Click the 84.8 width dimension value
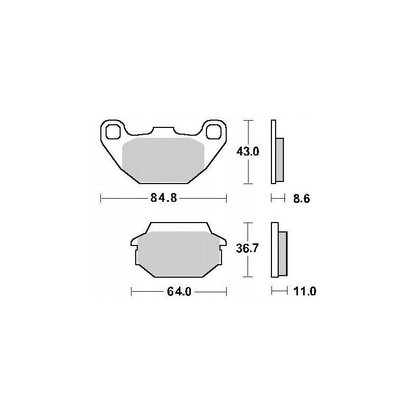163,198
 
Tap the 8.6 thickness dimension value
302,199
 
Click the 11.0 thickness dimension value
305,292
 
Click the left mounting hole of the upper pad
112,132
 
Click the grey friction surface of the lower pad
179,254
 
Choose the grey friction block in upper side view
280,160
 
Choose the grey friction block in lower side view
283,254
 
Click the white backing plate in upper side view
273,152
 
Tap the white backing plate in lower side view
274,250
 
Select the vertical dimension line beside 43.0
250,152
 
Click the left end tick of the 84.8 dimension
100,198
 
